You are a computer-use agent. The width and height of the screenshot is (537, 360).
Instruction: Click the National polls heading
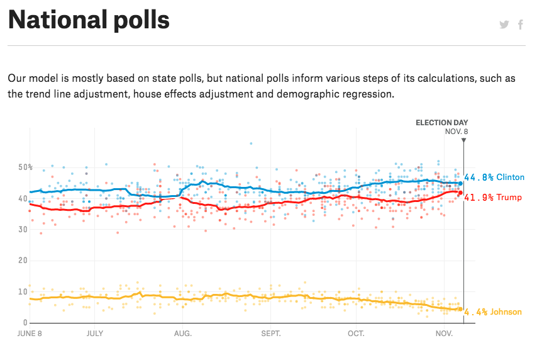tap(89, 21)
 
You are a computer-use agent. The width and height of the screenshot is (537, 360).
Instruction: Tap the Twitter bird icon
tap(504, 25)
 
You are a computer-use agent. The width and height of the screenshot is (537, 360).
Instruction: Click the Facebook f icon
tap(521, 25)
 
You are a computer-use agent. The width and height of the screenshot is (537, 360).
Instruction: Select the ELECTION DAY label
tap(442, 123)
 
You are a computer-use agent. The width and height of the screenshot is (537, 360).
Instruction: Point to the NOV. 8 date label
tap(457, 132)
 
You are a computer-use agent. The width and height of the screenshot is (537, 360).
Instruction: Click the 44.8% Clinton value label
tap(494, 177)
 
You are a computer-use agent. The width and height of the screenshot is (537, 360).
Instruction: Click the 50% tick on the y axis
tap(25, 167)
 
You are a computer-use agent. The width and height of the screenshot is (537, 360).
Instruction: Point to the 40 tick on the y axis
tap(23, 199)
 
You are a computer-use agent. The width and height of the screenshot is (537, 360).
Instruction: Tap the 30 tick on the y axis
tap(23, 230)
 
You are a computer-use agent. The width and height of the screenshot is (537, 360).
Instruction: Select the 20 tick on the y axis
tap(23, 261)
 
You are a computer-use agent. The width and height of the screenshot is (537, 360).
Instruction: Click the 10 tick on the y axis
tap(23, 291)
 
